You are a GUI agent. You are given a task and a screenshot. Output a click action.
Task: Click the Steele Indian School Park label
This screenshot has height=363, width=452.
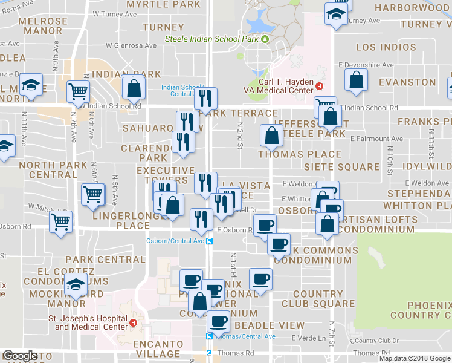click(212, 39)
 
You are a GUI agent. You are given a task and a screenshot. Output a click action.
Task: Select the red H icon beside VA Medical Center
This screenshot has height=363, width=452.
click(318, 87)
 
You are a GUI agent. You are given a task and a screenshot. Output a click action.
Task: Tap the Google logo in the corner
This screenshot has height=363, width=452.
click(19, 356)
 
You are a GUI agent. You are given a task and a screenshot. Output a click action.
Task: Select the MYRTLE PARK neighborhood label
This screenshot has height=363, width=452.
click(163, 5)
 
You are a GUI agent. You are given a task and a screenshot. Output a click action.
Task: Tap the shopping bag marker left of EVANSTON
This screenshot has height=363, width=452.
click(357, 80)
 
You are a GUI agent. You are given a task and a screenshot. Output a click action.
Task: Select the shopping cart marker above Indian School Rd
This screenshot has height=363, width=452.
click(78, 92)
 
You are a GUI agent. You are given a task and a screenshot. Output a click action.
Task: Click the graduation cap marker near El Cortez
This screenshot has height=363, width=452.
click(76, 284)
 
